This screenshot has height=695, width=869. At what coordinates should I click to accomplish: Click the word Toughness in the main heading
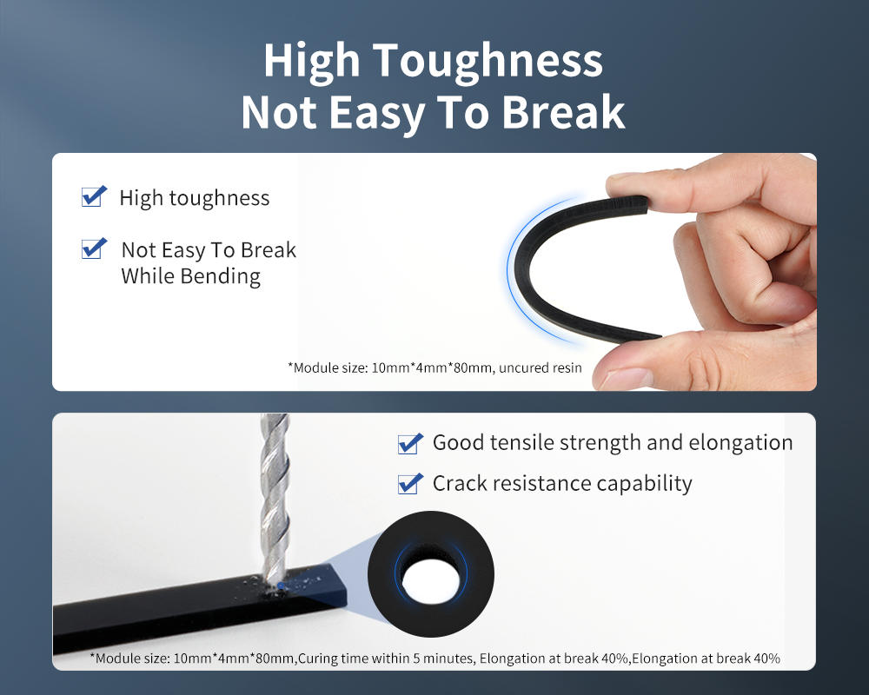(488, 61)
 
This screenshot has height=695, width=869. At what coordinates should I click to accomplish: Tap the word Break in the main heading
(563, 112)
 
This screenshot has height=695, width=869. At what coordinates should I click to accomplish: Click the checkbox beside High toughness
(93, 196)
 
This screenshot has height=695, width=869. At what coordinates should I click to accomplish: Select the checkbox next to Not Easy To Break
(93, 248)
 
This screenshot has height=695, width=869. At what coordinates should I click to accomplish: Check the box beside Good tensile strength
(410, 443)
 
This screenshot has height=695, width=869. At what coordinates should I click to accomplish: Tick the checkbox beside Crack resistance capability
(410, 483)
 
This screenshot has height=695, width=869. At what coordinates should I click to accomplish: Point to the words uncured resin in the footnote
(541, 367)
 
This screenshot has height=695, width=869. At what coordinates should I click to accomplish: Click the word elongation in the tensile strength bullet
(740, 442)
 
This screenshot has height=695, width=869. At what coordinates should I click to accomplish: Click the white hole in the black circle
(431, 582)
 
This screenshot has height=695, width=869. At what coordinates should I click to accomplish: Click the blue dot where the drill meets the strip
(281, 586)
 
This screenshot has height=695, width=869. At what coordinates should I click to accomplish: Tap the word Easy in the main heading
(377, 113)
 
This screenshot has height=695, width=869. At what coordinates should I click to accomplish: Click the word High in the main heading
(312, 61)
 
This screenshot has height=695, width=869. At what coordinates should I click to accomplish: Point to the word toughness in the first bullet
(220, 198)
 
